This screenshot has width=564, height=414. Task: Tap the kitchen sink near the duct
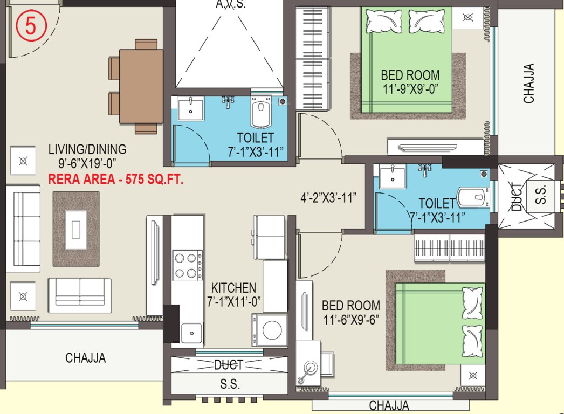[x=190, y=332]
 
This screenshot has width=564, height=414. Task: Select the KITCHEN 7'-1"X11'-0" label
[x=233, y=295]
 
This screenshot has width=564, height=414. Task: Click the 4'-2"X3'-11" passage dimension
[x=328, y=197]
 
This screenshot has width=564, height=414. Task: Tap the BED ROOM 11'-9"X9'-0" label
[x=410, y=81]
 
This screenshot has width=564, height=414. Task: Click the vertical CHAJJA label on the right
[x=529, y=84]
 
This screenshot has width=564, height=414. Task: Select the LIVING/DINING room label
[x=87, y=155]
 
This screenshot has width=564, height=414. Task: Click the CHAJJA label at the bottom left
[x=85, y=357]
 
